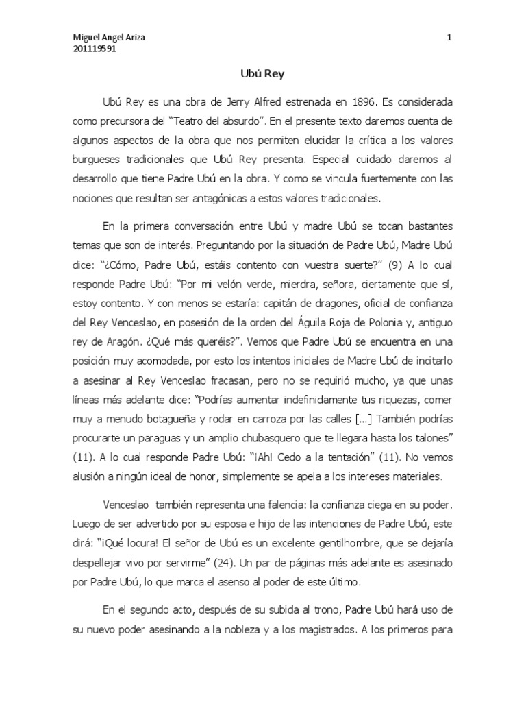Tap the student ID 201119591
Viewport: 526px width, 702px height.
pyautogui.click(x=95, y=49)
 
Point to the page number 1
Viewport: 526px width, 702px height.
pyautogui.click(x=450, y=38)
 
